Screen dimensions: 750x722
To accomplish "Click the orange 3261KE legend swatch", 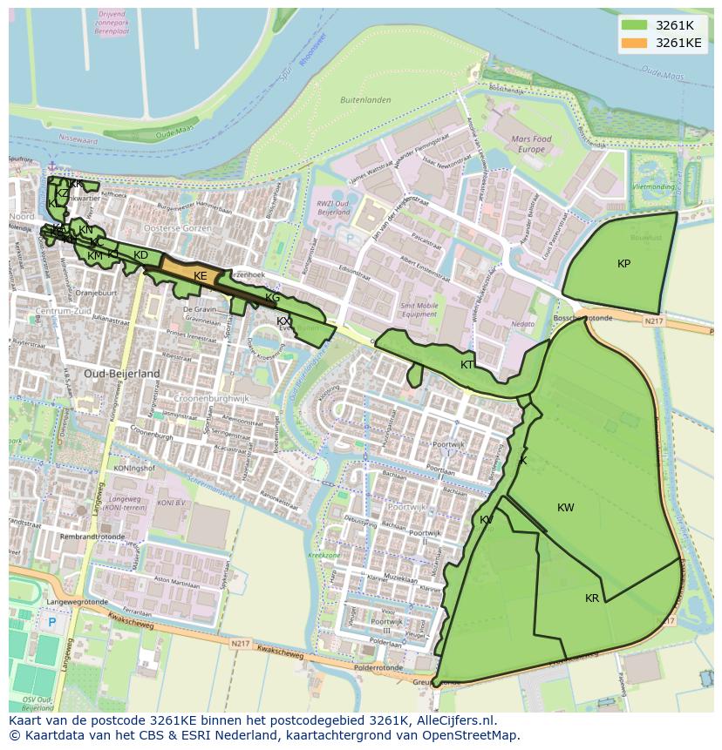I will click(634, 43).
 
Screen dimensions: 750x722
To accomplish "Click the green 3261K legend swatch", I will click(634, 25).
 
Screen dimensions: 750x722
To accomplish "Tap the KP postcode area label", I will click(623, 264).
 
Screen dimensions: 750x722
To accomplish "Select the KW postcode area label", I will click(566, 508).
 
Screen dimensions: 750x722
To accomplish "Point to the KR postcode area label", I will click(592, 598).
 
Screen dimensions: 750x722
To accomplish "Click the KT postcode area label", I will click(467, 365).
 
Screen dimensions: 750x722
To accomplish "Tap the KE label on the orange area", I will click(201, 276).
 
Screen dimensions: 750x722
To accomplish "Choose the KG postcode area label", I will click(272, 298).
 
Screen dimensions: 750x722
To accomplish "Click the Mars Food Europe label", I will click(531, 144).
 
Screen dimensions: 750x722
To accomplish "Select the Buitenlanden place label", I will click(364, 100).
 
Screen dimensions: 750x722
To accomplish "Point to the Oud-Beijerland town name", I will click(122, 373).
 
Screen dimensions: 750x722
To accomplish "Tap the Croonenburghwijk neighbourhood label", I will click(212, 398).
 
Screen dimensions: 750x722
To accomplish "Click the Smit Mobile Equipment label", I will click(419, 310).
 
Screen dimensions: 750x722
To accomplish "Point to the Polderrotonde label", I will click(378, 668).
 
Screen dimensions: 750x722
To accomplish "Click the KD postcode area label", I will click(140, 255).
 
